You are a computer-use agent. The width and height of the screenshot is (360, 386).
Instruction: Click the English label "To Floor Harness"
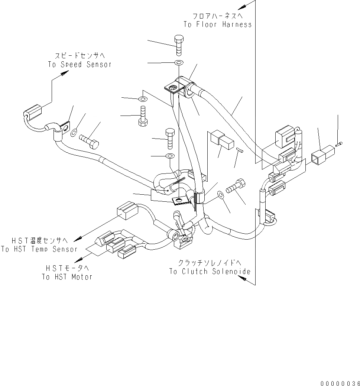(217, 25)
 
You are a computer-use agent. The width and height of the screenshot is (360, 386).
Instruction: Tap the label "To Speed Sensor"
(80, 64)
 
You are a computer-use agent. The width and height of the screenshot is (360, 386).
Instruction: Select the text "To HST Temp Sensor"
(39, 249)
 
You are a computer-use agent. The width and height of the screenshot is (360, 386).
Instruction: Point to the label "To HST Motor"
(67, 277)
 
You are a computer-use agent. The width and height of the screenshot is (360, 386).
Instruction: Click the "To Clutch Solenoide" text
(210, 272)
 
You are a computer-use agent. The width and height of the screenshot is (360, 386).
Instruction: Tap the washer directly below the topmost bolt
(179, 62)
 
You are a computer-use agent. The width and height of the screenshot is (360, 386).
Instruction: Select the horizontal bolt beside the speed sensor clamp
(89, 141)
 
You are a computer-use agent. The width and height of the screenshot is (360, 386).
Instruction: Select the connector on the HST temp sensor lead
(127, 212)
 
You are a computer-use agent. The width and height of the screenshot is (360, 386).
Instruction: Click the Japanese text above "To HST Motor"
(67, 268)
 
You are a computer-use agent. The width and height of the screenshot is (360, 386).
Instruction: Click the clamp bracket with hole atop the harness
(175, 88)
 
